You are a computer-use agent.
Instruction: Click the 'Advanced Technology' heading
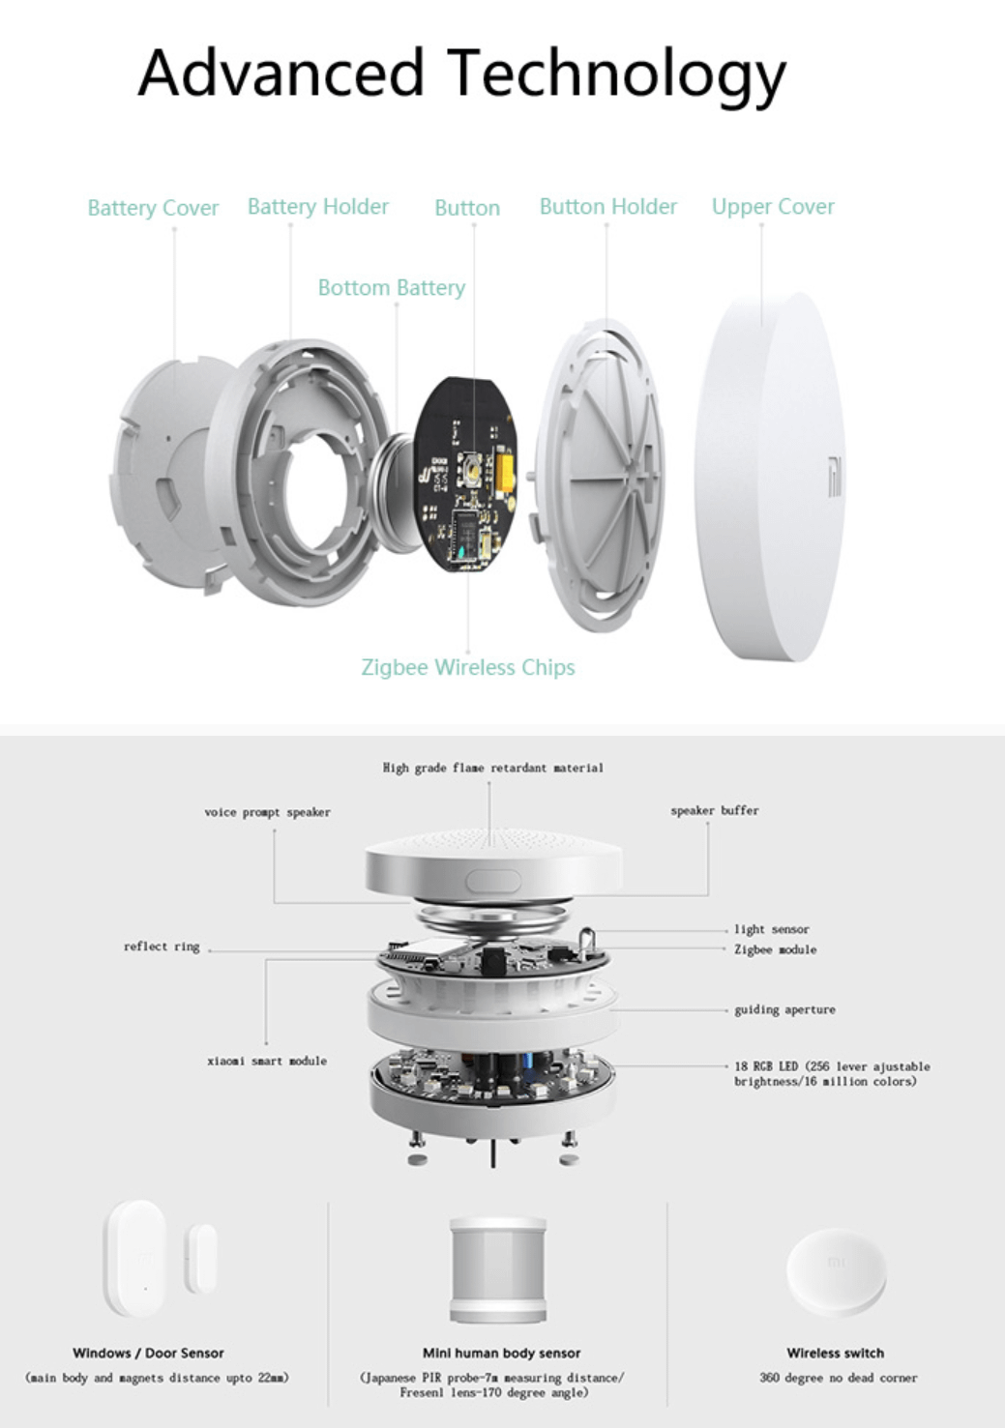[x=461, y=74]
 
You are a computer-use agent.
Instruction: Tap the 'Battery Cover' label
[x=153, y=208]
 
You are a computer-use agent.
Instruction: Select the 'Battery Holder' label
[x=317, y=207]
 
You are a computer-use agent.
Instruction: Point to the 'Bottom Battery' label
[x=391, y=288]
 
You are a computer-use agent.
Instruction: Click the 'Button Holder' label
[x=607, y=207]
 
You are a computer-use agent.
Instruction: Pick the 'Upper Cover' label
[x=772, y=207]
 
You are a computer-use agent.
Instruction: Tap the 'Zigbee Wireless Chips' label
[x=467, y=667]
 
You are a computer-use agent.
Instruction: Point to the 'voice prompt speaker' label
[x=267, y=812]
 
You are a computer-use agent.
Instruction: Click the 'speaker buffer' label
[x=714, y=810]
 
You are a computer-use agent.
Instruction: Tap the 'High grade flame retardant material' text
[x=492, y=768]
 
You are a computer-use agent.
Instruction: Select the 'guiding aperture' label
[x=784, y=1009]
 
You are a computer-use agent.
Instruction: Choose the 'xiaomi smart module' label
[x=267, y=1061]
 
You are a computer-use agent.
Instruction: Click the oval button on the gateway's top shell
[x=493, y=881]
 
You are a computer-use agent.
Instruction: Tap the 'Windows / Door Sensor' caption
[x=148, y=1353]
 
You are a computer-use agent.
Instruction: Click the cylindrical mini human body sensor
[x=498, y=1269]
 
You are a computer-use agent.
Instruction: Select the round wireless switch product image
[x=836, y=1271]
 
